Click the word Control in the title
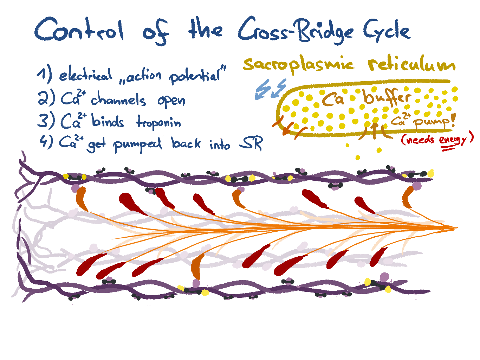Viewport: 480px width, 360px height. [x=79, y=30]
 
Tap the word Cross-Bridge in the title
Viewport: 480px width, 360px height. [x=295, y=31]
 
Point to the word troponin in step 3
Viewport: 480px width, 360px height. [x=158, y=122]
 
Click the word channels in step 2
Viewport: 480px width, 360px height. [x=118, y=100]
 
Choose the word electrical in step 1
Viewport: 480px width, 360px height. [x=86, y=75]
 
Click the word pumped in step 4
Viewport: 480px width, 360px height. [x=137, y=145]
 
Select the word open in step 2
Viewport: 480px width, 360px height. [x=171, y=101]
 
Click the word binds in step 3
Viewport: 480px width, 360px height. [x=108, y=120]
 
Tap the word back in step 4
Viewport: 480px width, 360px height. [x=186, y=143]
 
